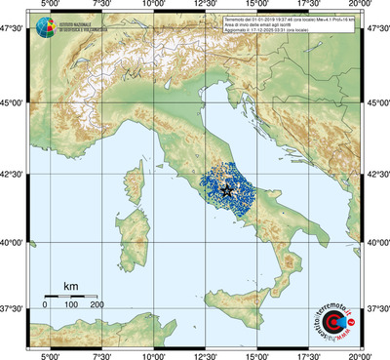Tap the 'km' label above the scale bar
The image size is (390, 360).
click(70, 286)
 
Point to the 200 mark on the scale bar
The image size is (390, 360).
click(97, 305)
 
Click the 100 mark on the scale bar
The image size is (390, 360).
click(71, 305)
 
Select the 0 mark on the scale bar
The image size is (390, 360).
click(46, 305)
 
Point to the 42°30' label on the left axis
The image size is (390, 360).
click(13, 175)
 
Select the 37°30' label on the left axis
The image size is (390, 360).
click(13, 307)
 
